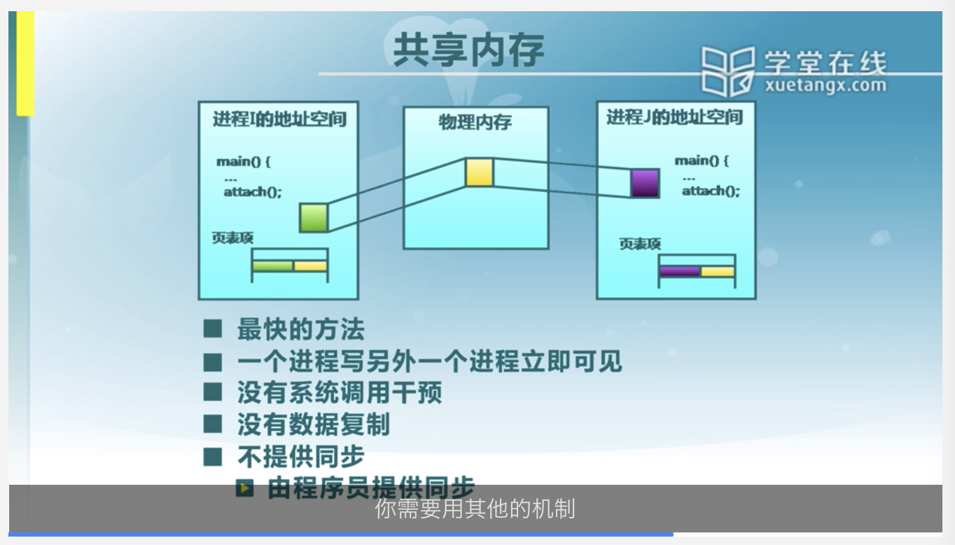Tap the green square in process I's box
(x=314, y=218)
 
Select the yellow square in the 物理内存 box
(x=480, y=172)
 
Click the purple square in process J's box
(x=644, y=183)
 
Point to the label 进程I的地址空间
(x=279, y=118)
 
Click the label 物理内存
(x=475, y=123)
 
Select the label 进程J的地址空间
(x=674, y=117)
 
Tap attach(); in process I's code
(x=252, y=191)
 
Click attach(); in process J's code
(x=711, y=191)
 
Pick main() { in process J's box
(x=701, y=161)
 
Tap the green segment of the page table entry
(x=272, y=266)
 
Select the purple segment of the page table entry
(x=680, y=272)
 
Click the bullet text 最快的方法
(x=300, y=329)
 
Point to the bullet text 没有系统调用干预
(x=340, y=393)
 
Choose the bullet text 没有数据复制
(x=313, y=425)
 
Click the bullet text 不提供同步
(x=300, y=457)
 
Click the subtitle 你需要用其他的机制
(x=475, y=509)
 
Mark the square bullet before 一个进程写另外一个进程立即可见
(x=213, y=362)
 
